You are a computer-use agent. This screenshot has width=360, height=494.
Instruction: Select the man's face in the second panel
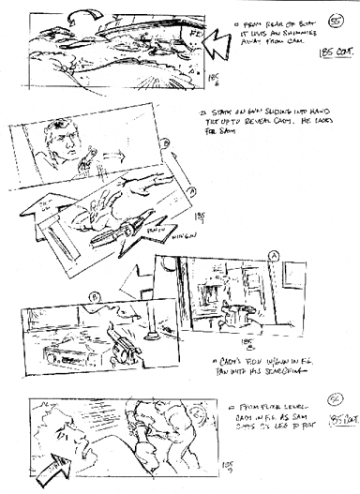click(64, 144)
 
